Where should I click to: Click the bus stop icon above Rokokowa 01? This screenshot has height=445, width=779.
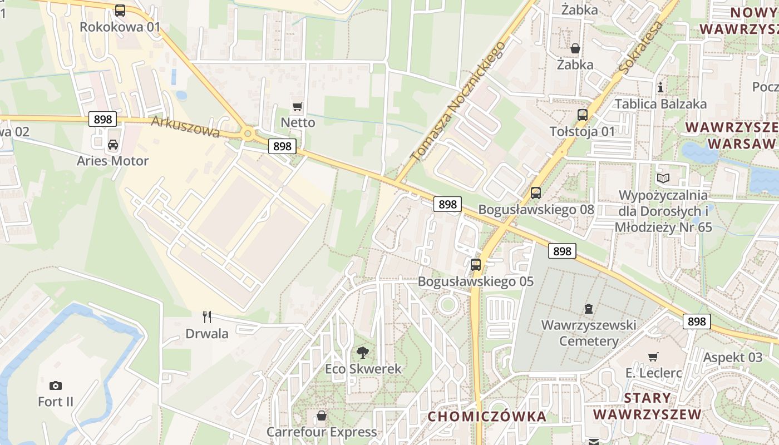120,10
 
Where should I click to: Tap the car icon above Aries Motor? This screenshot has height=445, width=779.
113,145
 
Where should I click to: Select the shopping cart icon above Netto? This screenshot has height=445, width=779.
298,106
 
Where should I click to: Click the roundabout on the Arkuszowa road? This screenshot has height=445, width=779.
248,133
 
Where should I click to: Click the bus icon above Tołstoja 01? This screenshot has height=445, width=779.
583,115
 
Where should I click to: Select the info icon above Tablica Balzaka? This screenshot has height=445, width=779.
660,87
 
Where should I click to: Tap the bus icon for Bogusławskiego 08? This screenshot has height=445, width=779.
536,193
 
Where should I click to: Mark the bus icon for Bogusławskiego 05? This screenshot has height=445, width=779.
476,265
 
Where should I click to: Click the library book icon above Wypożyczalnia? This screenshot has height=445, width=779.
663,179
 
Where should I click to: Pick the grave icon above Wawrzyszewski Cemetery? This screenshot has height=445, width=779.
589,308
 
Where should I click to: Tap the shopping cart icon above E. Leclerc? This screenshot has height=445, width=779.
653,357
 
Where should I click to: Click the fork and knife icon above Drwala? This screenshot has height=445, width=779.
207,317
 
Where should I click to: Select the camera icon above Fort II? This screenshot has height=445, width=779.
56,385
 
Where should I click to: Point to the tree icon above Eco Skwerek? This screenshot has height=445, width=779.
363,352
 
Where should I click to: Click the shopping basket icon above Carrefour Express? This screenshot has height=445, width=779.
322,416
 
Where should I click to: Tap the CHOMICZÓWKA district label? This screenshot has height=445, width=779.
487,416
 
